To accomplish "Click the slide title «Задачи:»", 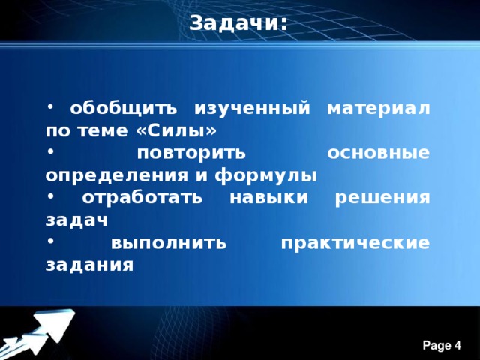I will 238,23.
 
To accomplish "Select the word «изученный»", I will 251,109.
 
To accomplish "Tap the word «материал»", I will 379,109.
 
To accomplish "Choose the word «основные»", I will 379,154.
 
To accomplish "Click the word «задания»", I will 89,266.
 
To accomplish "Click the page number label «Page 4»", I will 442,345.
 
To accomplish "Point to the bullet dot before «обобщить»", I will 49,106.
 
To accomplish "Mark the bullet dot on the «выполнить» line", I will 49,241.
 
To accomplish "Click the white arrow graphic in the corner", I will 41,330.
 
